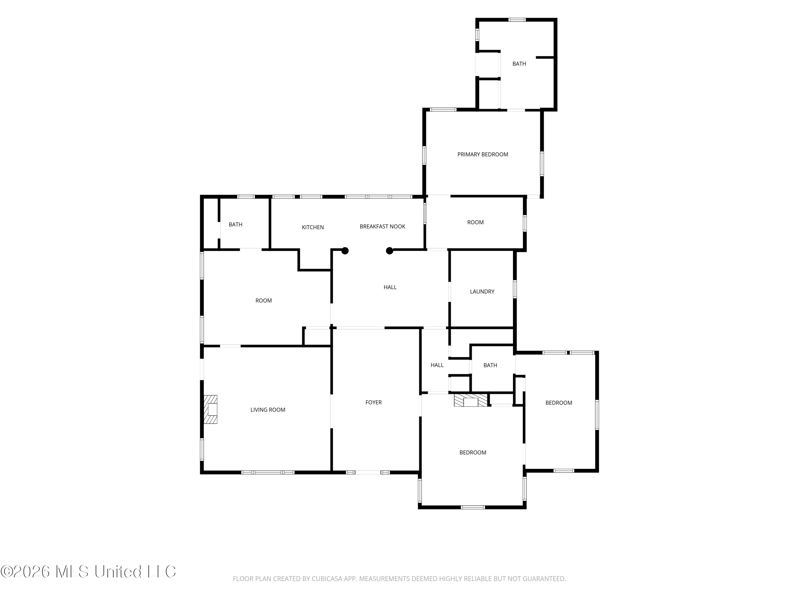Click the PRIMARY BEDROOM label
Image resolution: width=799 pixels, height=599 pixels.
(x=483, y=154)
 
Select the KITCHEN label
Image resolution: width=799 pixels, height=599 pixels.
(x=313, y=227)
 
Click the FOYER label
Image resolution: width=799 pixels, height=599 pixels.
(x=373, y=403)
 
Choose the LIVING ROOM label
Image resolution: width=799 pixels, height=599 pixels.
(x=268, y=410)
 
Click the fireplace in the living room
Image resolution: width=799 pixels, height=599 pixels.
(x=210, y=409)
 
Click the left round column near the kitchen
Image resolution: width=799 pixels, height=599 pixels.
(x=345, y=251)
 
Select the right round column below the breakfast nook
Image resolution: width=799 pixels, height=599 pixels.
(x=389, y=251)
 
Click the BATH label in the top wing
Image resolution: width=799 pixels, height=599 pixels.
(x=519, y=64)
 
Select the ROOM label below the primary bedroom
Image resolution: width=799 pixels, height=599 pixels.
(x=475, y=222)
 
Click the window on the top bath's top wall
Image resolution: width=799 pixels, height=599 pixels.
(x=517, y=19)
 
